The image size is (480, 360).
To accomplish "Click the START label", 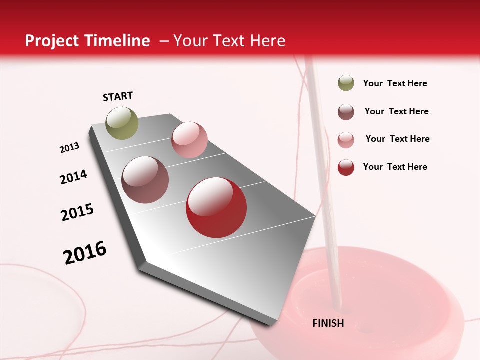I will coord(118,96).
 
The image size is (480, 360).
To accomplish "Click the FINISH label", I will coord(328,323).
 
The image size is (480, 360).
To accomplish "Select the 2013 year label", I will coord(69,148).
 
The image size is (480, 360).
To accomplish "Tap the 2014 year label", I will coord(73,177).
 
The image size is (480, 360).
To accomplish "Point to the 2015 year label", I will coord(77,212).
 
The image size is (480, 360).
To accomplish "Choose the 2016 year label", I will coord(85,252).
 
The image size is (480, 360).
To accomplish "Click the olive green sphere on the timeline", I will coord(122,123).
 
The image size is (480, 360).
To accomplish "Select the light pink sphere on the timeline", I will coord(189,140).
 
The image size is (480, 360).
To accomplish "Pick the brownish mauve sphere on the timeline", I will coord(145,180).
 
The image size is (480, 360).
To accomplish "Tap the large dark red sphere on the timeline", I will coord(216,207).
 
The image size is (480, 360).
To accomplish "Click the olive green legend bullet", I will coord(346,83).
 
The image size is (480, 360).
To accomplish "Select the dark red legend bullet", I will coord(346,167).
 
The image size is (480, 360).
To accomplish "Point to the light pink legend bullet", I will coord(346,140).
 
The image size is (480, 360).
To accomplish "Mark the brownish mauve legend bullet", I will coord(346,112).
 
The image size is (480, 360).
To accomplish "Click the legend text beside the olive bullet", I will coord(395,84).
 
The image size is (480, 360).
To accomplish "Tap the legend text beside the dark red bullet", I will coord(395,167).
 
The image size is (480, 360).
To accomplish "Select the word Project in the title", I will coord(52,41).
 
